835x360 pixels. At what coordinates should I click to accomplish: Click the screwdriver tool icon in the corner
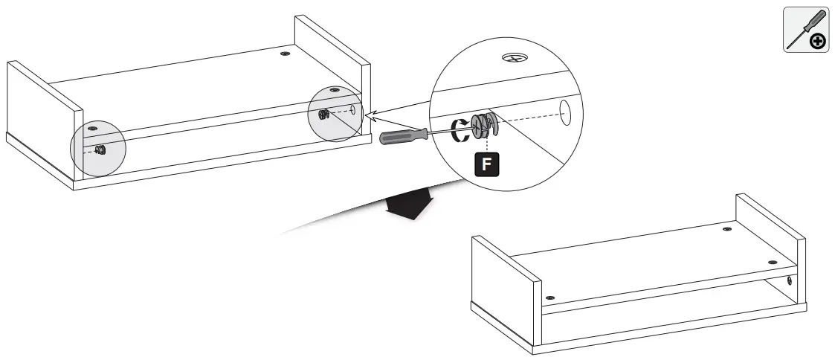(x=806, y=30)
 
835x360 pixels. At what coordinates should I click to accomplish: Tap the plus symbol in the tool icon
(x=816, y=41)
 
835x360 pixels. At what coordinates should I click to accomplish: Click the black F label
(x=486, y=163)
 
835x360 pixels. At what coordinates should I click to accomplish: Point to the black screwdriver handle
(x=402, y=136)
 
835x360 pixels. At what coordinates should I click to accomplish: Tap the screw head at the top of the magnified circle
(x=512, y=57)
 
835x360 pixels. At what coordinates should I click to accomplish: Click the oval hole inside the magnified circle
(x=565, y=112)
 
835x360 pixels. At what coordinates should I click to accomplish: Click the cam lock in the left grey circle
(x=101, y=149)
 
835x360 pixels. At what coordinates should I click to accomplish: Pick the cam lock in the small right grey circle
(x=323, y=115)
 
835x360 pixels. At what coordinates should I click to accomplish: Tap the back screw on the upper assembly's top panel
(x=285, y=54)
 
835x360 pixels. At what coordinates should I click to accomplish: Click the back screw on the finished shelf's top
(x=726, y=231)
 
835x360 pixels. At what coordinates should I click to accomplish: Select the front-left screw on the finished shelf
(x=549, y=298)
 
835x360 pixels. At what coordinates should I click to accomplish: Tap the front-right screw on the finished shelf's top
(x=772, y=263)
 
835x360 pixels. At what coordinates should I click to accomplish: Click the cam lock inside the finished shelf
(x=789, y=280)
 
